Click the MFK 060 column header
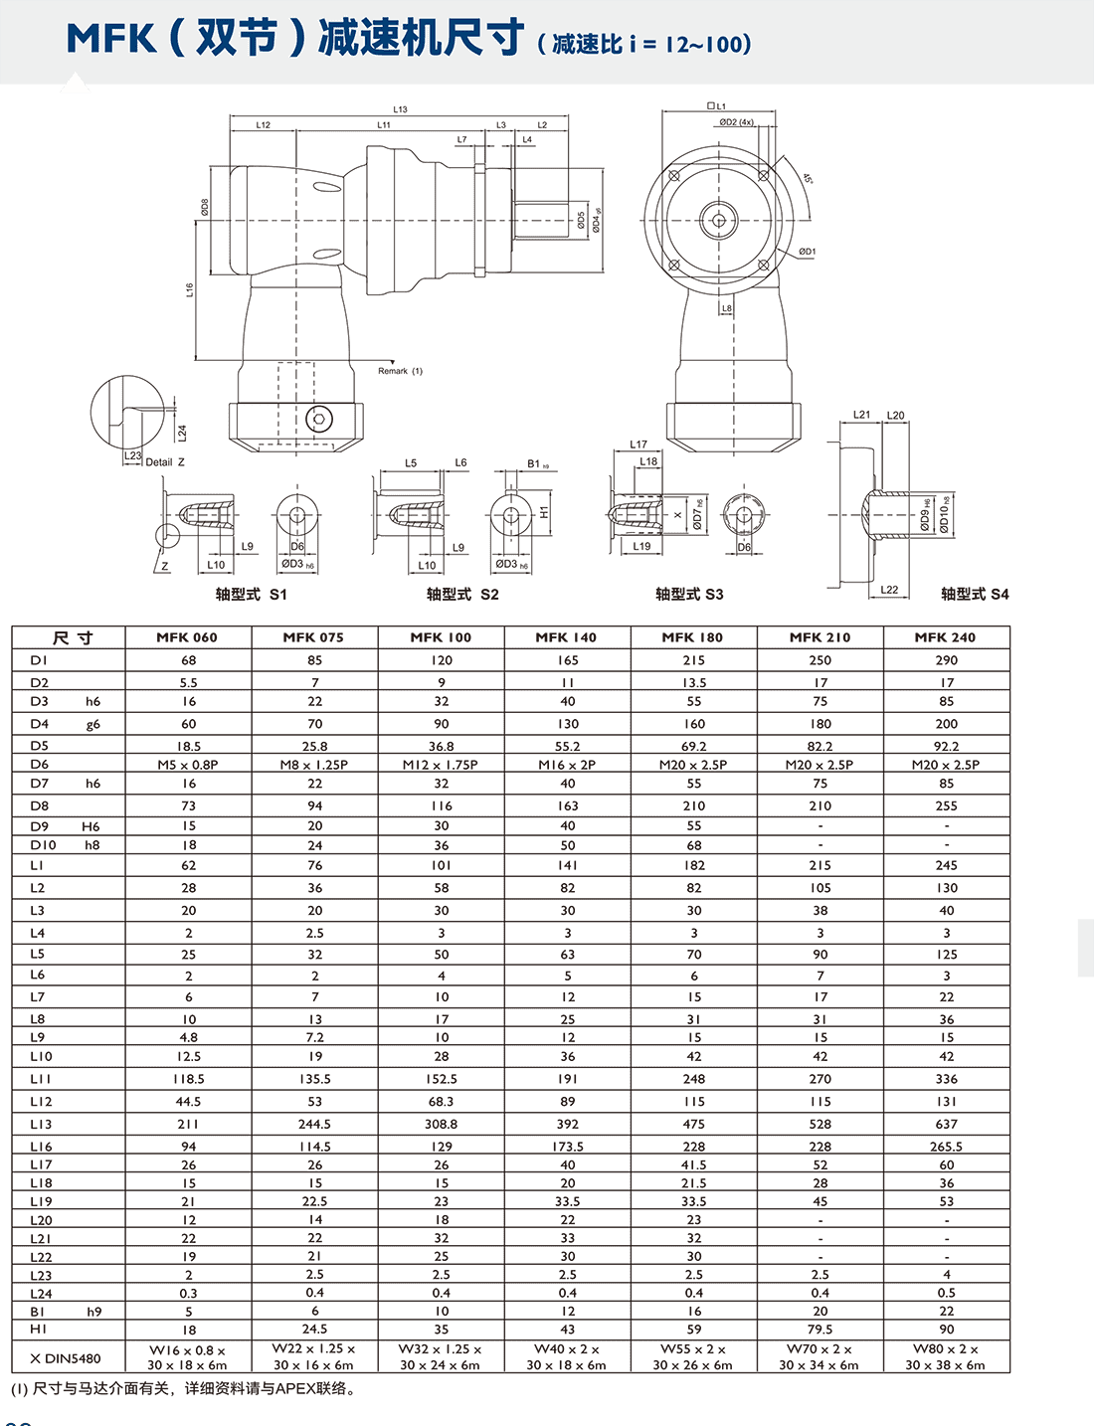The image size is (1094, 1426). [x=187, y=637]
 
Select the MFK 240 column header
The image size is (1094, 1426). [x=945, y=637]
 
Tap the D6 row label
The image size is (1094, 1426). [x=39, y=764]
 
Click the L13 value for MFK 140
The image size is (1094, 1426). [x=567, y=1124]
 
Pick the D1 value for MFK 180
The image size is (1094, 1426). [x=693, y=660]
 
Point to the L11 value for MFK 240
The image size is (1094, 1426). [x=946, y=1079]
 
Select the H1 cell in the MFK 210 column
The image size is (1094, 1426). [x=820, y=1330]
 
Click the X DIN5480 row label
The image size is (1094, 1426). [x=66, y=1358]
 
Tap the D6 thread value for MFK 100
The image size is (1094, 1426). [x=441, y=765]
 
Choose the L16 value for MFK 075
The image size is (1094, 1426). [x=314, y=1147]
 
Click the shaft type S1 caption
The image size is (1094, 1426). [x=251, y=595]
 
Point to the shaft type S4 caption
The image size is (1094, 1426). [x=975, y=594]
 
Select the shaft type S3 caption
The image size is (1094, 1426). [x=689, y=595]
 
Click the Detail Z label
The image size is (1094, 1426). [x=165, y=462]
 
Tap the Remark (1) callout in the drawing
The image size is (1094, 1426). [x=400, y=371]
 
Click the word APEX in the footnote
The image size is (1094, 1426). [x=294, y=1389]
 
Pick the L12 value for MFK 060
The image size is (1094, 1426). [x=187, y=1102]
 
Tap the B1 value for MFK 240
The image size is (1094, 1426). [x=946, y=1312]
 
